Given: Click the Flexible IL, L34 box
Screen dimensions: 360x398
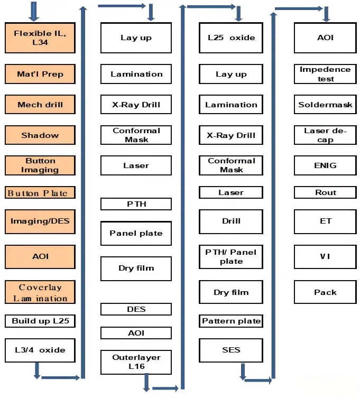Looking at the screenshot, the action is pos(40,38).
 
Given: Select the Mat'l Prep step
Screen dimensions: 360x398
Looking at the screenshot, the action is pos(40,74).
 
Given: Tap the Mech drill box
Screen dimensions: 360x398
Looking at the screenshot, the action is pos(40,104).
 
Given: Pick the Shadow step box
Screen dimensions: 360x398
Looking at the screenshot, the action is pos(40,135).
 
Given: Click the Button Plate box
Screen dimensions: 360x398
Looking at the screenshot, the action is pos(40,192).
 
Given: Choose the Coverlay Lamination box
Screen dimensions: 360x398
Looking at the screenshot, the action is pos(40,292).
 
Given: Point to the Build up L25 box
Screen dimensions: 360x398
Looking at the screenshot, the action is pos(40,321).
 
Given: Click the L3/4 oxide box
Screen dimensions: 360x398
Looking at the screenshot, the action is pos(40,350).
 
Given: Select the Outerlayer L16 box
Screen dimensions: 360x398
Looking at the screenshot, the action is pos(136,362).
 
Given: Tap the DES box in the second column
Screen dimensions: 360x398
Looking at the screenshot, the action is pos(136,309).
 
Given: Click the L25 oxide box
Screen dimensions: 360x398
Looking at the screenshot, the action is pos(231,38).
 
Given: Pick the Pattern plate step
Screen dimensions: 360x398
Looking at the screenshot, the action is pos(231,321).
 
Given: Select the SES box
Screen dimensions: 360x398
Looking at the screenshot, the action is pos(231,350).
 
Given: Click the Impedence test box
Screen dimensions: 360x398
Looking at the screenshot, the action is pos(325,74).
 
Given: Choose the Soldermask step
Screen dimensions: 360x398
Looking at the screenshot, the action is pos(325,104).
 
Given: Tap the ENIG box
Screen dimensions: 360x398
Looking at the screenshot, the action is pos(325,165).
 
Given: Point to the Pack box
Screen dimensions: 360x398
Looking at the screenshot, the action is pos(325,292).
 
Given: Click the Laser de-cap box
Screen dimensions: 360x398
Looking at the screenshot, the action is pos(325,135).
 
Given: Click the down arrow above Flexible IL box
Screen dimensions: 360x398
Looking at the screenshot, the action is pos(34,12).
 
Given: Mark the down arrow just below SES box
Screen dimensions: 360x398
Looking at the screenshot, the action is pos(243,372).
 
